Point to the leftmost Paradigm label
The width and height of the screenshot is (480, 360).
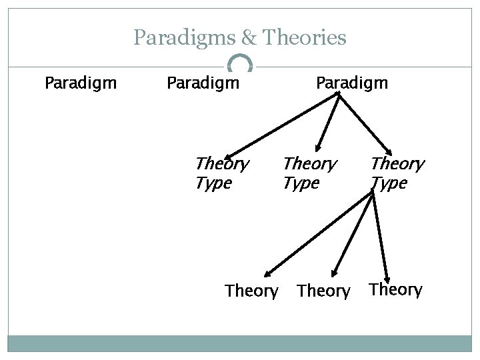click(x=81, y=84)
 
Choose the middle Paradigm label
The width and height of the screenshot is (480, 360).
click(x=203, y=84)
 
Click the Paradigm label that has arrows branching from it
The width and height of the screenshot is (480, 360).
click(x=352, y=84)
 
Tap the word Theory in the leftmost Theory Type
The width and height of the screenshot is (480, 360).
click(x=221, y=163)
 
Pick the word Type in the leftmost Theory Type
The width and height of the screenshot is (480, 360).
click(x=213, y=182)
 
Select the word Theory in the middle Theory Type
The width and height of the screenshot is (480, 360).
click(x=310, y=163)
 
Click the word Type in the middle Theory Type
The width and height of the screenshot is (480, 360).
click(x=301, y=182)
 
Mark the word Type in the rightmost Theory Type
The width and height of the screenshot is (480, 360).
click(x=389, y=182)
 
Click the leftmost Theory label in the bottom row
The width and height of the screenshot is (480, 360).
click(x=251, y=291)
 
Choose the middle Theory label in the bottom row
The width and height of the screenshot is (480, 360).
click(x=323, y=291)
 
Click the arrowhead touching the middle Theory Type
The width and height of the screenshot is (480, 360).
click(x=319, y=149)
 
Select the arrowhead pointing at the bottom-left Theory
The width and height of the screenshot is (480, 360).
click(x=267, y=272)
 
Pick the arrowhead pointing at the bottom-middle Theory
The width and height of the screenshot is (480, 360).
click(x=334, y=272)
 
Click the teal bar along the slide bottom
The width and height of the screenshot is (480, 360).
click(x=239, y=343)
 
